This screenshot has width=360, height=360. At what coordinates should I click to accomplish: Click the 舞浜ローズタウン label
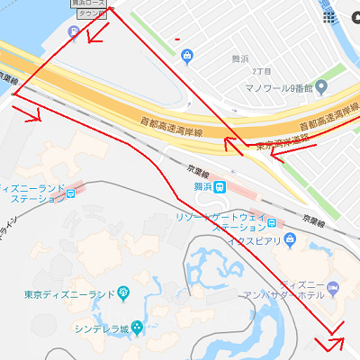[89, 8]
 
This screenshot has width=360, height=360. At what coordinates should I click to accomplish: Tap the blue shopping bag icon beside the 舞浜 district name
[186, 57]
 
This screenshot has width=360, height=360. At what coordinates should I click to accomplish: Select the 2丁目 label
[263, 70]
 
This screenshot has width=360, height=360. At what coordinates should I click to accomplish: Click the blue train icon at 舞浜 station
[220, 189]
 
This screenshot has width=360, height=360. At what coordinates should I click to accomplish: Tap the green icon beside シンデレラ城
[136, 327]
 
